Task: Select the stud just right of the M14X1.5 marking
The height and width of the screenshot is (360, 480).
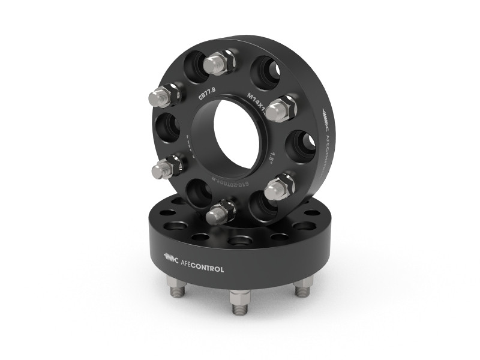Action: (x=281, y=109)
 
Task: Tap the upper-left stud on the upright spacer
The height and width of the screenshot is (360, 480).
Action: (x=164, y=95)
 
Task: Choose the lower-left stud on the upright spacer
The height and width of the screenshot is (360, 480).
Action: (x=166, y=168)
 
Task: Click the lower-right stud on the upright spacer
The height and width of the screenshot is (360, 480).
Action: (x=279, y=187)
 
